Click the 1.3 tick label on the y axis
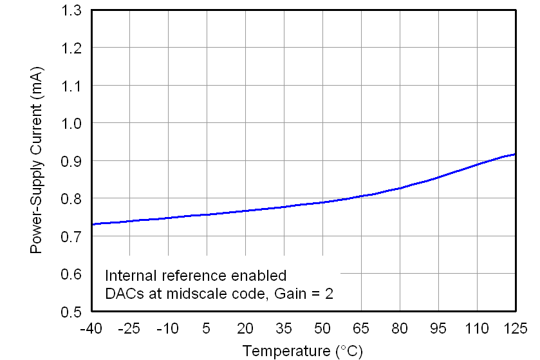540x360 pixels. click(73, 10)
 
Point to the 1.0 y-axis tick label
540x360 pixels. click(73, 123)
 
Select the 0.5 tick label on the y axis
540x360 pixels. click(73, 312)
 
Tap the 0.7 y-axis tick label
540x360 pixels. click(73, 237)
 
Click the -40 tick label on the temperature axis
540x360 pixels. click(91, 328)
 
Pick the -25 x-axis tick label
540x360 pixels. click(129, 328)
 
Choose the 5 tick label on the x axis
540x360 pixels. click(207, 328)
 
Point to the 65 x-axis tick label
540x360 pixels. click(361, 328)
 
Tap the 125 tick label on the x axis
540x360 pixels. click(515, 328)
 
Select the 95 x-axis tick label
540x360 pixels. click(438, 328)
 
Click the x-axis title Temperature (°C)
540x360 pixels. click(303, 351)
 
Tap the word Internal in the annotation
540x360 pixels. click(127, 276)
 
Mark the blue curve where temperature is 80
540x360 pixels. click(400, 188)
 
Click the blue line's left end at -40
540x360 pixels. click(92, 224)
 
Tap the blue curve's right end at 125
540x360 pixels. click(515, 154)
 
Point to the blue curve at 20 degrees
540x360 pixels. click(245, 211)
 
